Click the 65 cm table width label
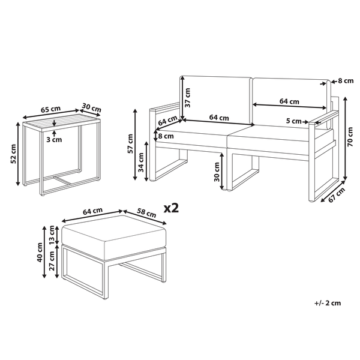[50, 109]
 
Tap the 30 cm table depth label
[92, 107]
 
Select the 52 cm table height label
[14, 154]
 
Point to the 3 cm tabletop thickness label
[54, 139]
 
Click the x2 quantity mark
[171, 208]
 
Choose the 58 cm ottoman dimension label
[146, 213]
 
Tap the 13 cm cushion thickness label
[52, 235]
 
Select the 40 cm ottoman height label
[40, 253]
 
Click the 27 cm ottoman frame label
[52, 260]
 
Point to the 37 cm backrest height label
[188, 97]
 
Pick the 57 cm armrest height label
[130, 144]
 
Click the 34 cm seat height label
[141, 163]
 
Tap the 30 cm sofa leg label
[217, 172]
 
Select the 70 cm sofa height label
[350, 137]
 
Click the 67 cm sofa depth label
[337, 194]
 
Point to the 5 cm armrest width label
[293, 121]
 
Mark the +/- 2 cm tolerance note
[328, 303]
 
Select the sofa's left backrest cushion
[216, 100]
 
